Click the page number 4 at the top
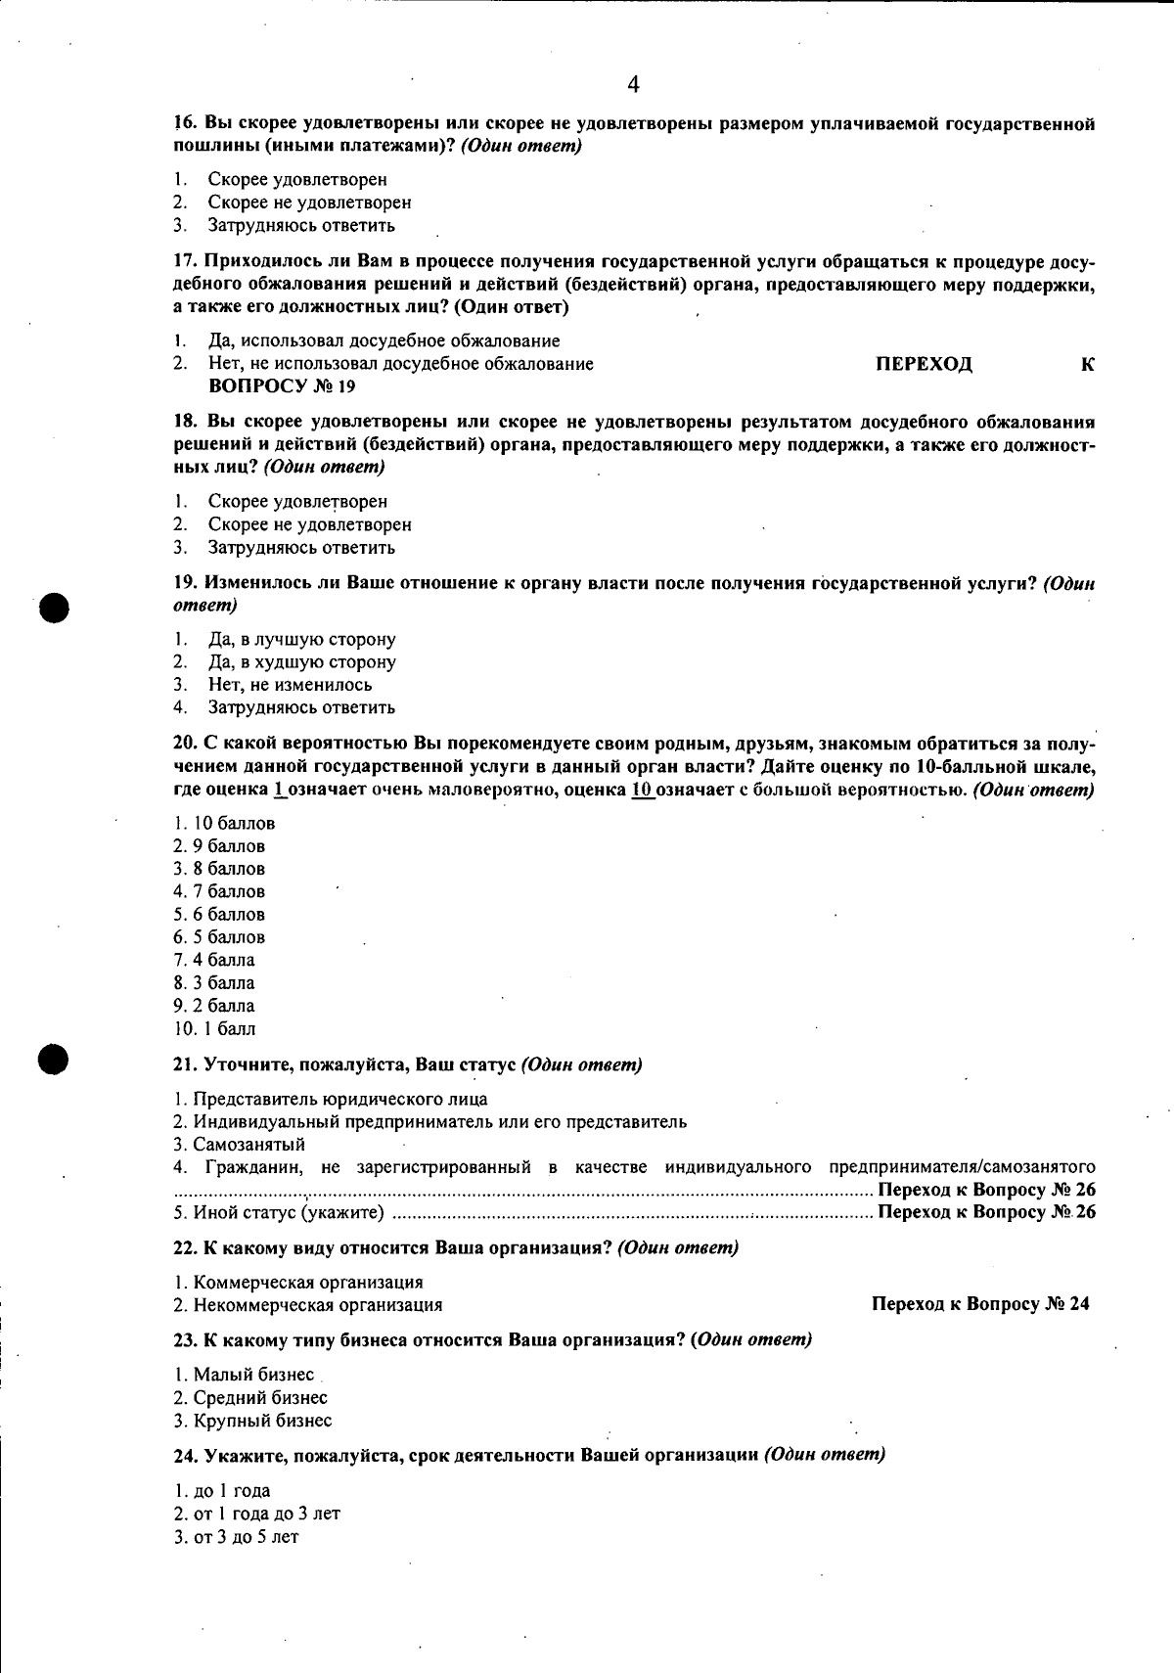coord(633,85)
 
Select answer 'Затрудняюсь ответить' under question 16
coord(300,226)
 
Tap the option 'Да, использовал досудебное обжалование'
coord(384,341)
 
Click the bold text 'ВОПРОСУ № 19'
coord(283,386)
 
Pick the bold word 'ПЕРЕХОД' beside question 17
coord(924,365)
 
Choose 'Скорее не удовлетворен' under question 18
coord(309,525)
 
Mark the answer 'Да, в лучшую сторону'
coord(301,640)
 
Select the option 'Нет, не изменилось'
coord(290,685)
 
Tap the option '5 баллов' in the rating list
coord(229,937)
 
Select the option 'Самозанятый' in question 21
coord(248,1145)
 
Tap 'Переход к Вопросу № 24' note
coord(979,1304)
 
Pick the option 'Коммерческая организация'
coord(308,1283)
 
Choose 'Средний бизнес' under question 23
coord(259,1398)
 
